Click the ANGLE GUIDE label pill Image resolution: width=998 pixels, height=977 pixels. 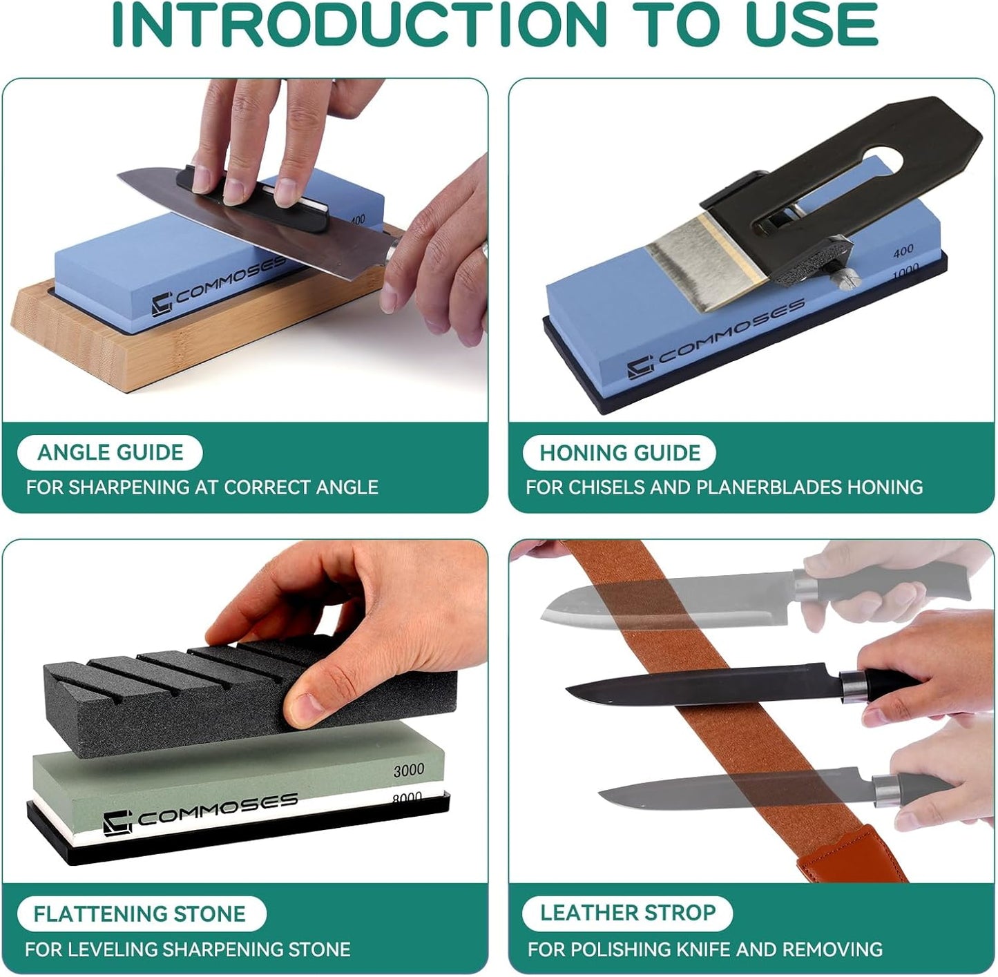(x=110, y=453)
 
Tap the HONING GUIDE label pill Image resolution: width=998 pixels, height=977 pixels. (x=620, y=453)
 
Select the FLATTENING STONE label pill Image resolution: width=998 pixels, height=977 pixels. (x=140, y=914)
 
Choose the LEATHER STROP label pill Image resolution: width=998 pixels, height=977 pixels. (x=627, y=913)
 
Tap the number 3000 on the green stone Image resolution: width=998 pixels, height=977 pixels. (x=408, y=770)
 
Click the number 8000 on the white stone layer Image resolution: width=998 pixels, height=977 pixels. (x=407, y=797)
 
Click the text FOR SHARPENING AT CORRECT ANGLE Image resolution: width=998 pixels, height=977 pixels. (x=202, y=487)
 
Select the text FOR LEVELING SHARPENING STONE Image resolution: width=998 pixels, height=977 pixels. (x=187, y=949)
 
